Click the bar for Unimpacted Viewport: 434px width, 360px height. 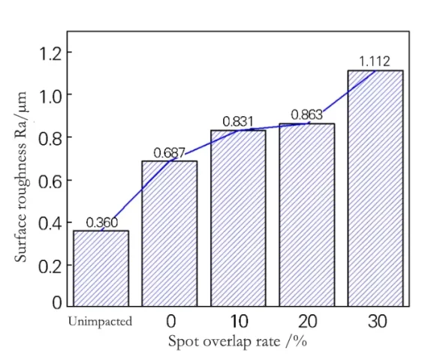point(101,268)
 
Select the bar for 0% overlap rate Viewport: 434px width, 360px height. point(169,233)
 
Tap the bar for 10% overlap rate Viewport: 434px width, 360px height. point(238,217)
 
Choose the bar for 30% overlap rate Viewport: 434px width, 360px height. point(375,187)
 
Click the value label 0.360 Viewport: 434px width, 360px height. point(101,223)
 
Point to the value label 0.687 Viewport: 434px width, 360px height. point(169,153)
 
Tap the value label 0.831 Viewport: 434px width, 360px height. point(238,121)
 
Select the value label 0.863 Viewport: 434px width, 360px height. point(306,115)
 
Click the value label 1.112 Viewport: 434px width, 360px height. point(375,61)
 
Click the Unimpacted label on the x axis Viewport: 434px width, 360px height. point(100,322)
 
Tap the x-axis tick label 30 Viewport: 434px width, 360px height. point(377,322)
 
